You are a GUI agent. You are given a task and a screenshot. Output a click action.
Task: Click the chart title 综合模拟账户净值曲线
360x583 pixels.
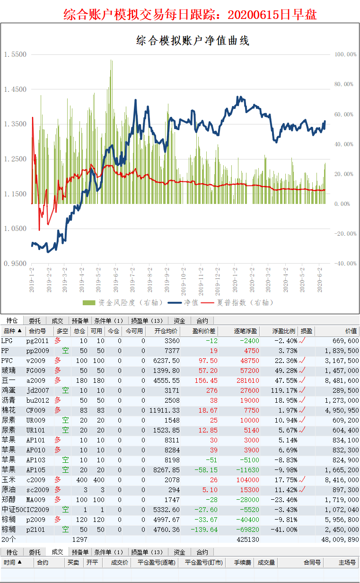(193, 41)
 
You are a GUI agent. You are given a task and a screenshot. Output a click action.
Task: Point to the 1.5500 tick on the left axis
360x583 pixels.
(15, 55)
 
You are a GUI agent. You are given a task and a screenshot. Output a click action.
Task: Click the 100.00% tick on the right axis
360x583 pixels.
(345, 54)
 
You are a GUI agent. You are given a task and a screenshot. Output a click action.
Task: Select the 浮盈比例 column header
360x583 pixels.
(284, 331)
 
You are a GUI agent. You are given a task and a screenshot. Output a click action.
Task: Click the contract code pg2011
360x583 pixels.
(37, 341)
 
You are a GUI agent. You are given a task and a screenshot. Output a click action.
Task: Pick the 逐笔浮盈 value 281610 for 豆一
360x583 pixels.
(247, 380)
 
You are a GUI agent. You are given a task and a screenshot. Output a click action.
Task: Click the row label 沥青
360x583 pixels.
(8, 400)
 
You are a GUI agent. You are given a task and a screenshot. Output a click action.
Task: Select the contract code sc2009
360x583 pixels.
(37, 490)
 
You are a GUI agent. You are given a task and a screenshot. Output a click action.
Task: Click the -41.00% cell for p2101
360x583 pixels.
(284, 530)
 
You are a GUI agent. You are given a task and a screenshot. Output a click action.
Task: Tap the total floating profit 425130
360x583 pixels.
(247, 539)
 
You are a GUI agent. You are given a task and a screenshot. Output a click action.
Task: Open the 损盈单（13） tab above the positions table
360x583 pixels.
(147, 321)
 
